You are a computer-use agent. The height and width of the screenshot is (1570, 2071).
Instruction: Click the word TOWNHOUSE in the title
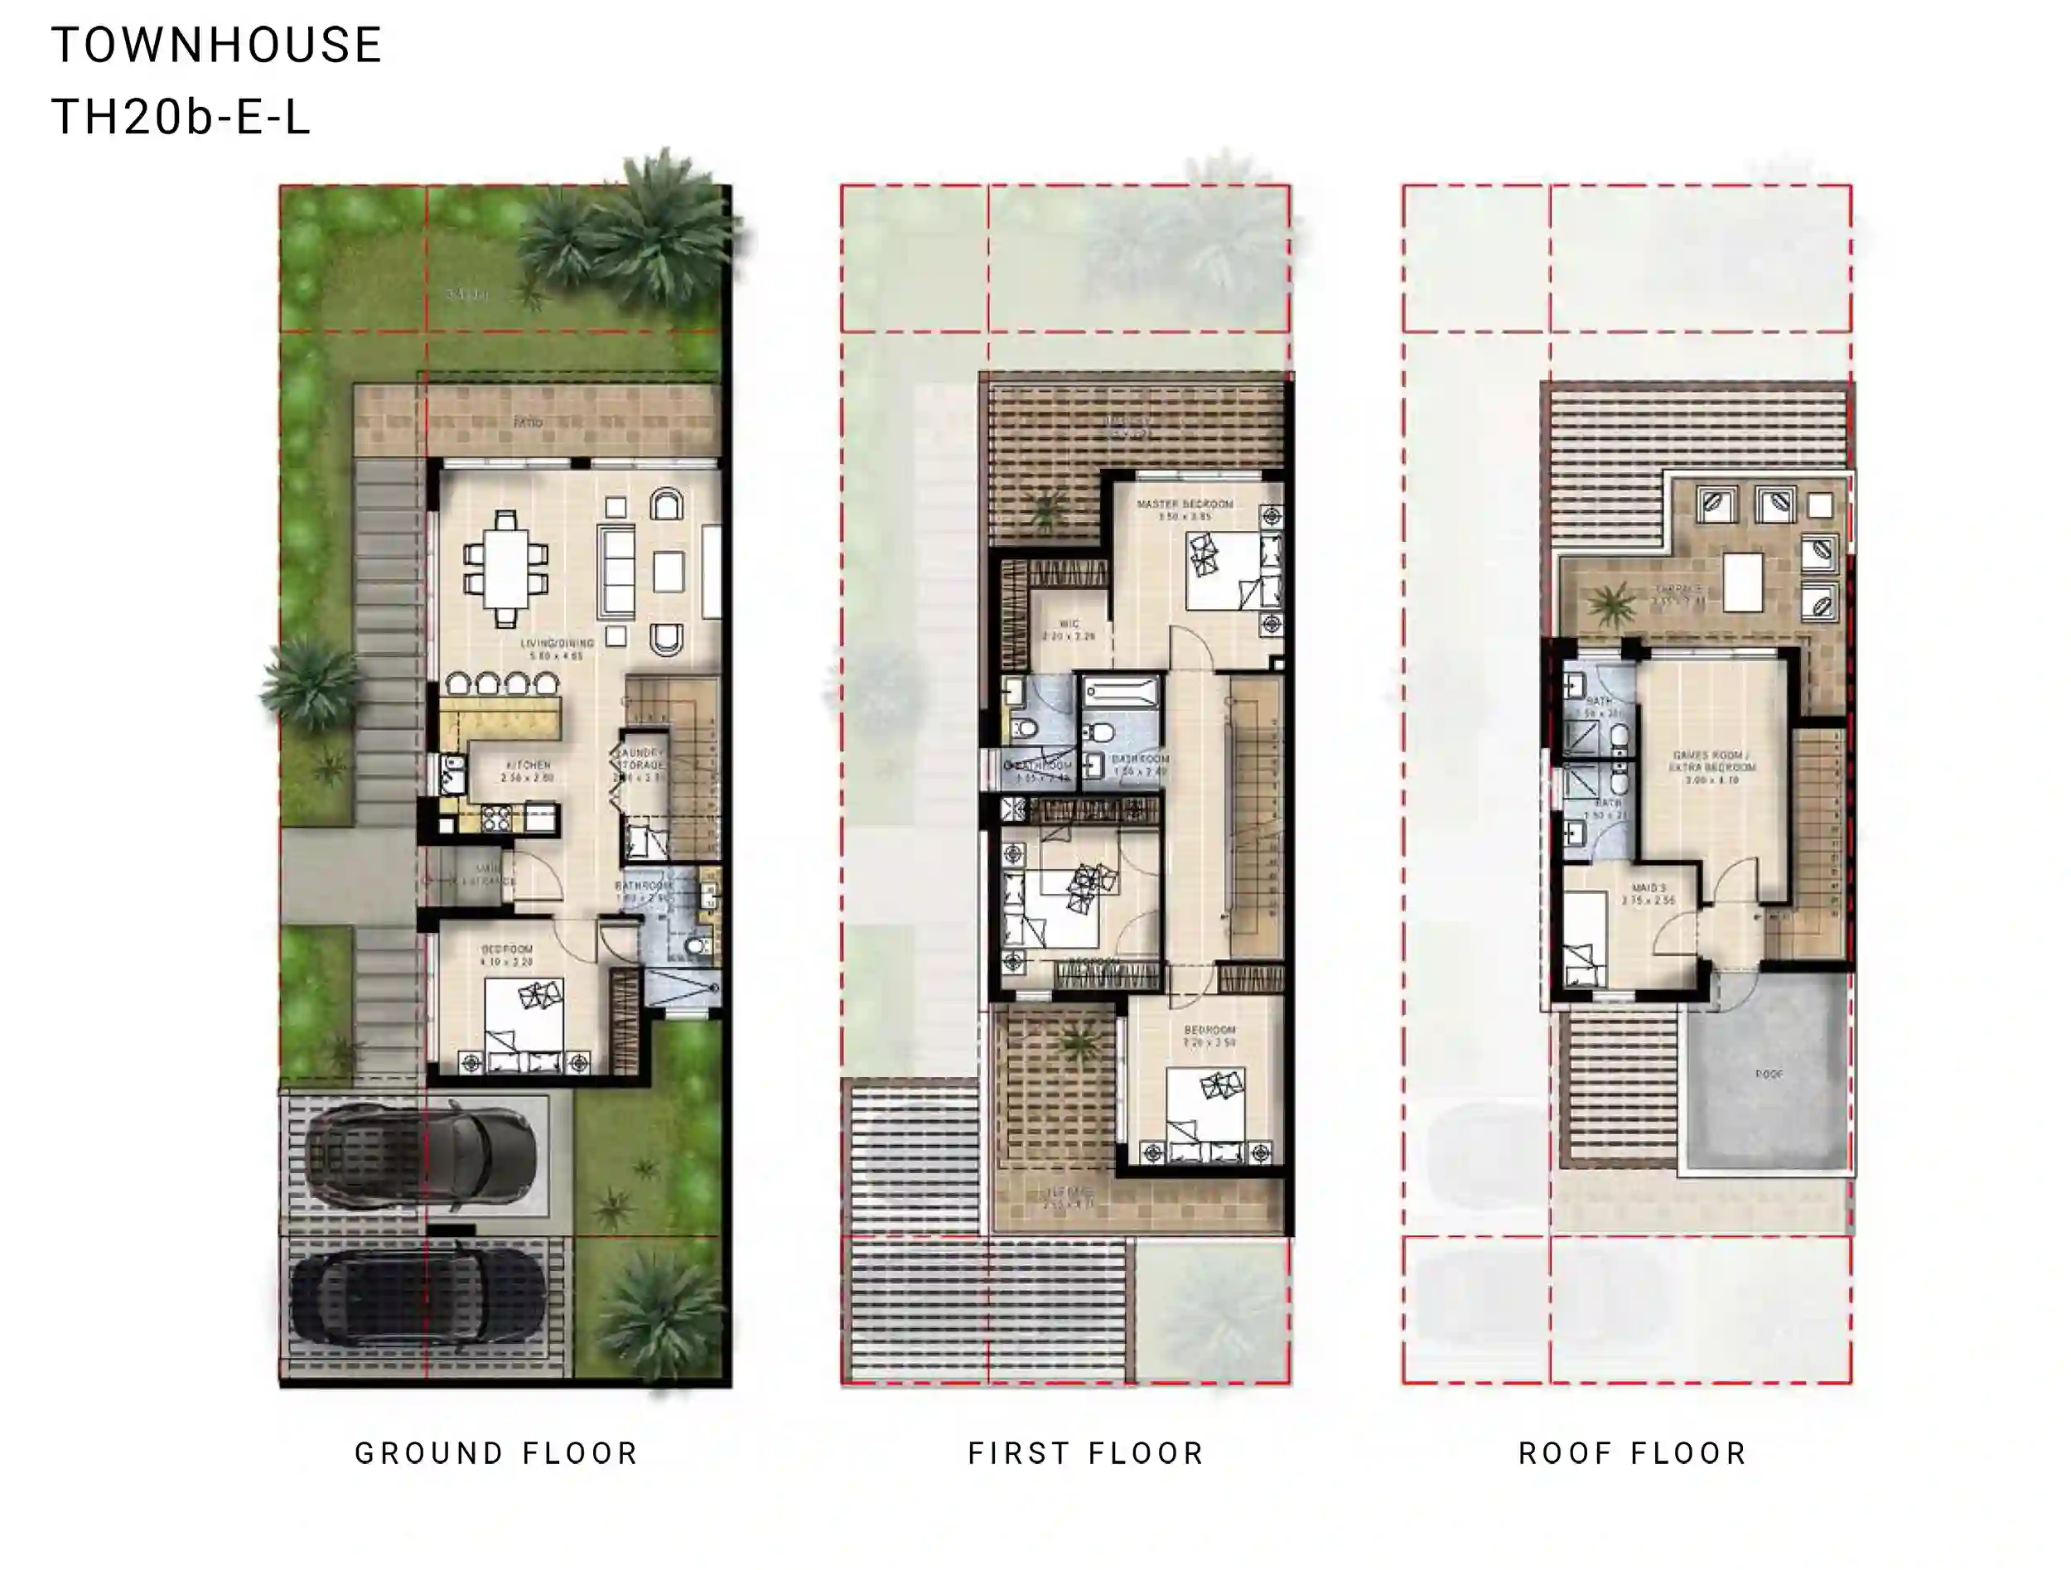216,45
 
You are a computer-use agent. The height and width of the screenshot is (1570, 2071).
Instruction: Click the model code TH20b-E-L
180,118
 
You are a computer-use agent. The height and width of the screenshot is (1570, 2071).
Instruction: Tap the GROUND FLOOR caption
496,1453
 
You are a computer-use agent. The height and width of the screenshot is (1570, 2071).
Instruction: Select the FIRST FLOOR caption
1086,1453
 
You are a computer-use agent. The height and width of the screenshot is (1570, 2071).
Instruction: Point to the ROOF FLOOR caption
1633,1453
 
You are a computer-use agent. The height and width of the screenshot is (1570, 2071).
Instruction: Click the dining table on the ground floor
505,568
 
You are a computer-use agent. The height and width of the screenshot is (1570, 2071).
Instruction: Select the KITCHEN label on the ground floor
527,766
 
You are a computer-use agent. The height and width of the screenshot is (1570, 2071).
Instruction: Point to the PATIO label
528,423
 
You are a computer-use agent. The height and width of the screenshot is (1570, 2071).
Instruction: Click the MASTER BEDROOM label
1185,505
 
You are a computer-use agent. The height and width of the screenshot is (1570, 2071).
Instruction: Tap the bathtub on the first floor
1121,693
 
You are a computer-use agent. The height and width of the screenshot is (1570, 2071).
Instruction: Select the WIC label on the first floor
1069,625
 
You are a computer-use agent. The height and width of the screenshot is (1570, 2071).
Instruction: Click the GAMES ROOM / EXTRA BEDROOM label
1712,761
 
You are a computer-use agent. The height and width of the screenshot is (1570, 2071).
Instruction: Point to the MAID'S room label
1648,888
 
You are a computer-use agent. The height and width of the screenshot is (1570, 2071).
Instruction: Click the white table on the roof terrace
1742,582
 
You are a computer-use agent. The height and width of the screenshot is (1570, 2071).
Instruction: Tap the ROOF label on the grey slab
1769,1075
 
